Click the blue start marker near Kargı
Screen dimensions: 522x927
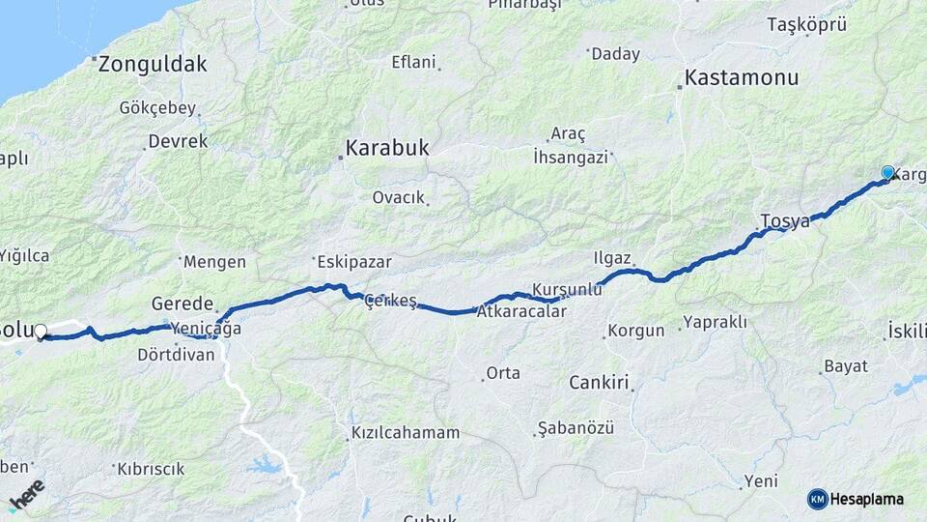[887, 173]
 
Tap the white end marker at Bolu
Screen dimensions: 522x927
[41, 332]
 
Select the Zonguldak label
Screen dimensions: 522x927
[153, 65]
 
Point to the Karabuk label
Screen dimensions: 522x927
[387, 149]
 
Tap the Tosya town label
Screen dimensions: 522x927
[785, 221]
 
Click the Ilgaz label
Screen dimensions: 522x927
[612, 258]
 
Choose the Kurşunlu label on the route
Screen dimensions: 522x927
[567, 290]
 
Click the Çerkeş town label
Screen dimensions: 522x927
[391, 302]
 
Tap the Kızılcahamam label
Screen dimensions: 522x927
[406, 432]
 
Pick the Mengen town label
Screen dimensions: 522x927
[214, 261]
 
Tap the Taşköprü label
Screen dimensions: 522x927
[806, 25]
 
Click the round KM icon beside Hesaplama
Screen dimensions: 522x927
[817, 499]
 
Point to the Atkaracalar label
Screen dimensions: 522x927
[521, 312]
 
